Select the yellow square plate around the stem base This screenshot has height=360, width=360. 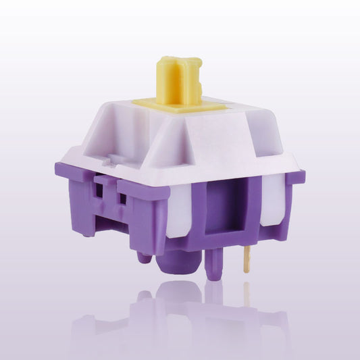point(162,103)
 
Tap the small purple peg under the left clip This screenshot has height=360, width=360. point(144,257)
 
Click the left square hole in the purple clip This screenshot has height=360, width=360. point(102,192)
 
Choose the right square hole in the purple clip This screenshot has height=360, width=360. point(122,199)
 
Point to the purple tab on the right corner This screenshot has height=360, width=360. point(294,177)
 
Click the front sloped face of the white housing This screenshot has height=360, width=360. point(203,149)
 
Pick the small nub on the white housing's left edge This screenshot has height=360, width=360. point(107,162)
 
